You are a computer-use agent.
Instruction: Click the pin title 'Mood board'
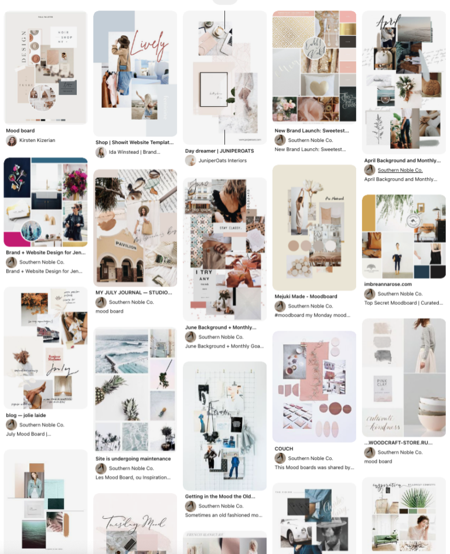tap(20, 131)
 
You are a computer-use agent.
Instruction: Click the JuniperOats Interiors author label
tap(223, 161)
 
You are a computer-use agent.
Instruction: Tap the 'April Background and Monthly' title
tap(401, 160)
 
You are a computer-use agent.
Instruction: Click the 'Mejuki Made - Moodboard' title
tap(306, 297)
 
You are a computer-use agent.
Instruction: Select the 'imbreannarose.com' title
tap(388, 284)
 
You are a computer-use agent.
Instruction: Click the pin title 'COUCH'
tap(284, 448)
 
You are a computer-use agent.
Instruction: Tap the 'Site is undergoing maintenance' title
tap(133, 458)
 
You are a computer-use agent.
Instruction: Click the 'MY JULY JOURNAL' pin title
tap(133, 292)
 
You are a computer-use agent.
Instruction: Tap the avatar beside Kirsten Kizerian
tap(11, 141)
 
